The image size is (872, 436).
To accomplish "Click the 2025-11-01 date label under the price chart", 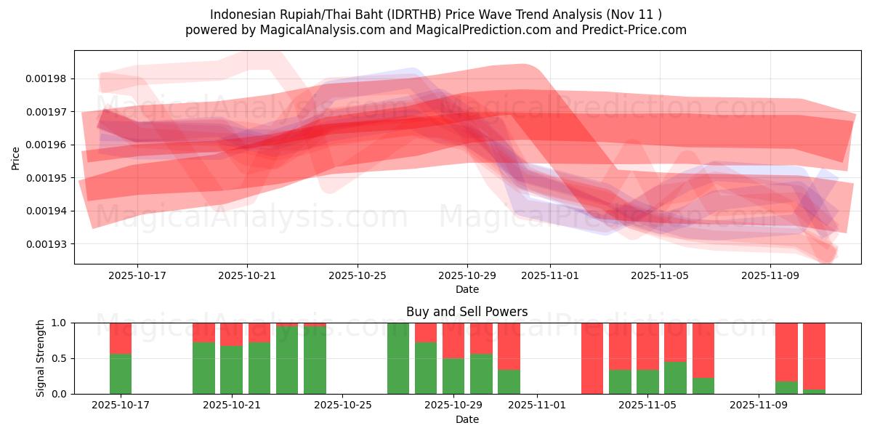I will pos(550,276).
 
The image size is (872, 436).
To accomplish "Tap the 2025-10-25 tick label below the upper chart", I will pos(357,276).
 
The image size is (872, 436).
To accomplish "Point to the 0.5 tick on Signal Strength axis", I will pos(60,358).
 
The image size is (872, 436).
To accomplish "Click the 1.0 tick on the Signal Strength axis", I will pos(60,323).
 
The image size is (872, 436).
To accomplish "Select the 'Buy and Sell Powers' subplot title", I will pos(467,312).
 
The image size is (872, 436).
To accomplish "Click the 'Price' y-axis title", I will pos(16,158).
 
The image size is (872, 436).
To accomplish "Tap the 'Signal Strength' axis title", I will pos(41,358).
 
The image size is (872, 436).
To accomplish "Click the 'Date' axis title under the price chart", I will pos(467,289).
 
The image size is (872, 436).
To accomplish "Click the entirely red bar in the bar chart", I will pos(592,358).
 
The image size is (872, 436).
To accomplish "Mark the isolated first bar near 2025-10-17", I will pos(121,358).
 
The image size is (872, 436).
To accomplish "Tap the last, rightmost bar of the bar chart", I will pos(814,358).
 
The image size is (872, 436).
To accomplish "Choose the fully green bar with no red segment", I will pos(398,358).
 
